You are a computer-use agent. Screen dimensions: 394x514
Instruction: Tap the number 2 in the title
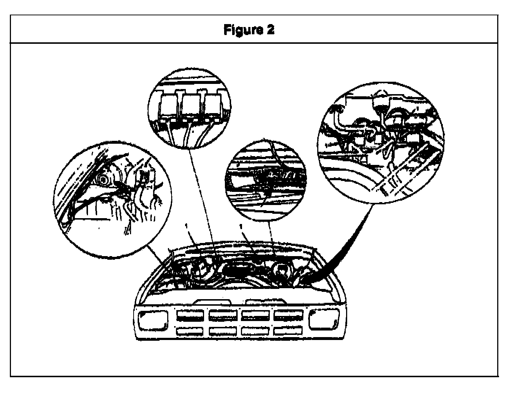(270, 30)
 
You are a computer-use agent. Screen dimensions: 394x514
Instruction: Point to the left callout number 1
(187, 227)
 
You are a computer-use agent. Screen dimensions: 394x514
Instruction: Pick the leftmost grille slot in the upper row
(190, 315)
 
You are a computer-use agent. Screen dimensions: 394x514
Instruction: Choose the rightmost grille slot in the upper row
(288, 315)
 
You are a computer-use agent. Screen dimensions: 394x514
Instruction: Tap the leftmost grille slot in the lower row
(190, 331)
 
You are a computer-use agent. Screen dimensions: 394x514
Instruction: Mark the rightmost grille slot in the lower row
(288, 331)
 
